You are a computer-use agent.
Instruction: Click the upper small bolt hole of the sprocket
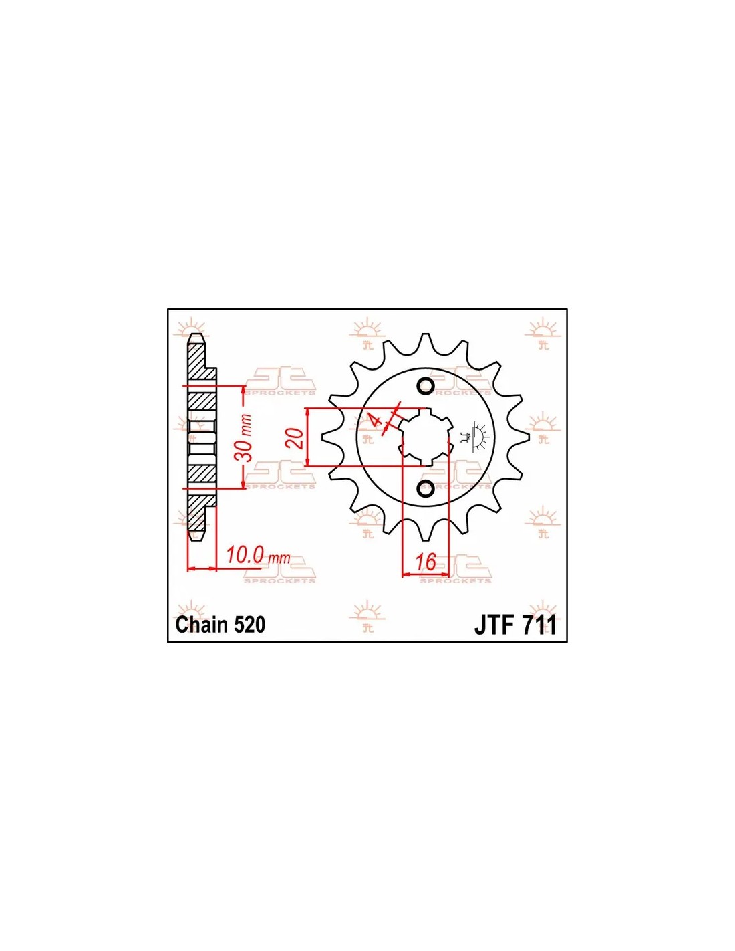click(426, 385)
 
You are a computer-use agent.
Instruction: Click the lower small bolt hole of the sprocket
click(426, 490)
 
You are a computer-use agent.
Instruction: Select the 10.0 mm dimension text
click(259, 558)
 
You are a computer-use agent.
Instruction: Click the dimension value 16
click(426, 562)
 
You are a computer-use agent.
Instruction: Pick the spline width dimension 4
click(374, 420)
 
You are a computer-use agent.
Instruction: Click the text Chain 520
click(220, 625)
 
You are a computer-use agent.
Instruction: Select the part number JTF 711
click(515, 625)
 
